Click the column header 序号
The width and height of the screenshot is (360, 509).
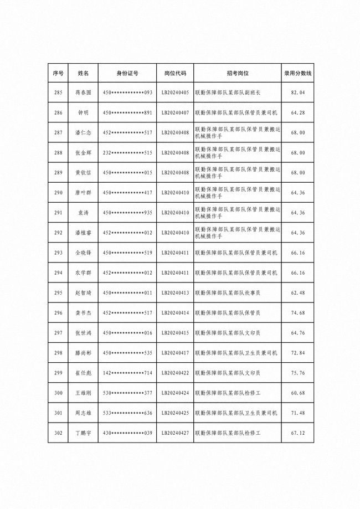click(58, 73)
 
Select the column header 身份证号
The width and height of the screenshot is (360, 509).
click(127, 73)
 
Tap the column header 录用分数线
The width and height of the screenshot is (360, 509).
click(298, 73)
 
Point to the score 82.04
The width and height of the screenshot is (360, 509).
click(298, 92)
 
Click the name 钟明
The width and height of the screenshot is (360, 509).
click(83, 112)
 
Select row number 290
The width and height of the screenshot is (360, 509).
click(58, 193)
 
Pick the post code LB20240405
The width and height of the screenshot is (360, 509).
click(175, 92)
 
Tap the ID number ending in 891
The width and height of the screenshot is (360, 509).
click(127, 112)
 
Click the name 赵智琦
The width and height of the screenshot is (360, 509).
click(83, 292)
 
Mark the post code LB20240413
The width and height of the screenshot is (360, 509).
click(175, 292)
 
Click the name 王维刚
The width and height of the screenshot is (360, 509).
click(83, 393)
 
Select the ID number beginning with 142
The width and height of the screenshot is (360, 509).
click(127, 373)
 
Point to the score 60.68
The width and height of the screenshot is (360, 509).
click(298, 393)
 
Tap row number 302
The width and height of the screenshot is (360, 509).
click(58, 433)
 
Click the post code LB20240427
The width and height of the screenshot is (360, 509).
click(175, 433)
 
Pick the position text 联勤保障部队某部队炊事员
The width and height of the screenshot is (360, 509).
click(227, 292)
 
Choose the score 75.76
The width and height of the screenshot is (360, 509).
click(298, 373)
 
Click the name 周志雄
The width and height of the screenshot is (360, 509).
click(83, 413)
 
